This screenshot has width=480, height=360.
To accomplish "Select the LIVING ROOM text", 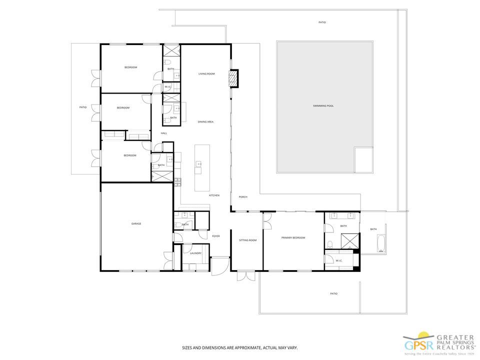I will [x=206, y=74].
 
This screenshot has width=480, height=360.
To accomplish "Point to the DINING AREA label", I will [x=206, y=121].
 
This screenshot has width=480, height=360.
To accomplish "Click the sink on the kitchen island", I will [x=198, y=163].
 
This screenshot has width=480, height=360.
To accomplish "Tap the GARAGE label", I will [x=136, y=223].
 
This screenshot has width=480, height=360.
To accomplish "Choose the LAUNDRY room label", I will [x=195, y=253].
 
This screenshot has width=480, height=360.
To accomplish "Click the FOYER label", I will [x=216, y=236].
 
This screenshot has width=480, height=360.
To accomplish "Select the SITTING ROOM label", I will [x=247, y=240].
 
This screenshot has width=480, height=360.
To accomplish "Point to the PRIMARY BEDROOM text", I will [x=293, y=237].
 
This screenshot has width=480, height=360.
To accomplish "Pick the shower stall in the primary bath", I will [x=350, y=241].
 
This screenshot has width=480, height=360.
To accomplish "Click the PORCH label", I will [x=243, y=196].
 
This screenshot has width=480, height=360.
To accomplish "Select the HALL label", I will [x=163, y=133].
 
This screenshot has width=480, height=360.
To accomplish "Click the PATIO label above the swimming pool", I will [x=322, y=22].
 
